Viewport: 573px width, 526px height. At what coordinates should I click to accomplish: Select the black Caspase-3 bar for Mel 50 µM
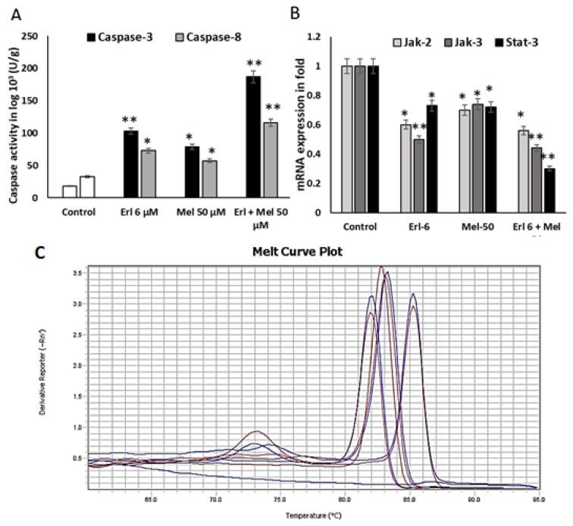tap(191, 171)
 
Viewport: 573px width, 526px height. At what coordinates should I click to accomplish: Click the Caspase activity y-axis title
tap(14, 117)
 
